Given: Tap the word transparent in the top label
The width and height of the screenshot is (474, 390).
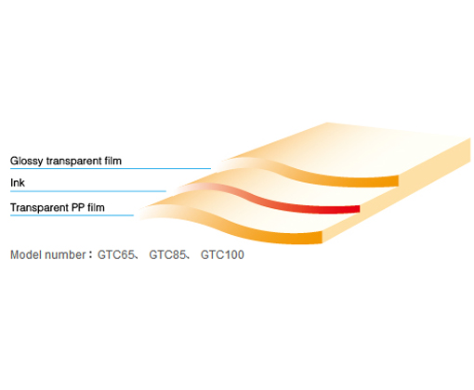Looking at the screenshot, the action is [73, 162].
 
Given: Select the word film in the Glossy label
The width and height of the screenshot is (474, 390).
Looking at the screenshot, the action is [112, 161].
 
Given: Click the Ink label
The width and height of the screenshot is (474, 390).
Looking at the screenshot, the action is [18, 183].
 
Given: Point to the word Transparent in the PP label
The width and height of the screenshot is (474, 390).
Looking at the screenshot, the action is [39, 207].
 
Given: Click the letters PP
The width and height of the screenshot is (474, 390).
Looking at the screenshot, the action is [78, 207].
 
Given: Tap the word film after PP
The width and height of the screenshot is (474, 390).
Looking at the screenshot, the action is [96, 207].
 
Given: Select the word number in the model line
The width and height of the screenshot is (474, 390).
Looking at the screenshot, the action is [65, 254].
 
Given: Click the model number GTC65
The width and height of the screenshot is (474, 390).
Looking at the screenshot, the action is [116, 254].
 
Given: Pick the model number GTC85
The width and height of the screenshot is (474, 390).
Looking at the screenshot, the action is [167, 254].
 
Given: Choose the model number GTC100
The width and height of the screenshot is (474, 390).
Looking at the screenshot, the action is [222, 254].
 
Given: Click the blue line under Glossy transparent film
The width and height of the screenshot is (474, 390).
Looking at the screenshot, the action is [111, 169].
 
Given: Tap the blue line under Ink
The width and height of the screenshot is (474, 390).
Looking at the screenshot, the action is [88, 191].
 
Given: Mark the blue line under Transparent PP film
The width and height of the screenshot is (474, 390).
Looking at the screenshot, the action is [72, 215].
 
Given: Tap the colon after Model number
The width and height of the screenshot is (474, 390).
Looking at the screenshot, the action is [90, 255].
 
